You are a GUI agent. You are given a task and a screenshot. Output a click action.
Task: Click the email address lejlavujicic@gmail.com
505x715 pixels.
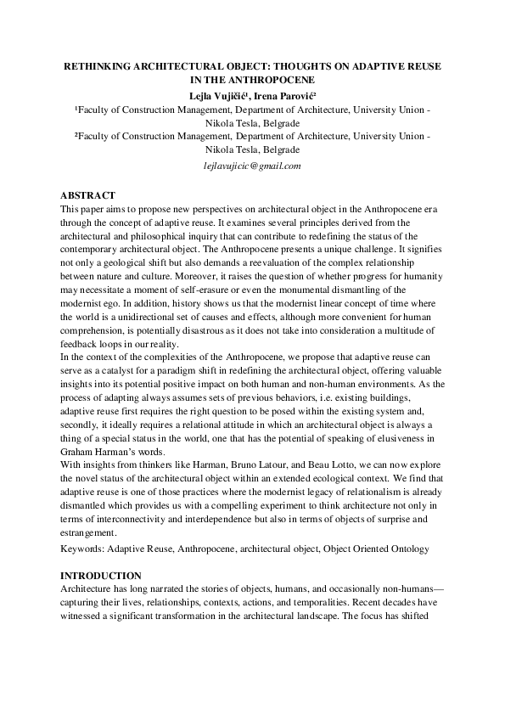point(253,166)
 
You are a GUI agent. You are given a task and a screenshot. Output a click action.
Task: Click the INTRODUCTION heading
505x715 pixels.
point(100,576)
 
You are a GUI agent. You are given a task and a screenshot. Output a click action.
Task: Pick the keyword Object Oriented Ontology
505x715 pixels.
point(373,549)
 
